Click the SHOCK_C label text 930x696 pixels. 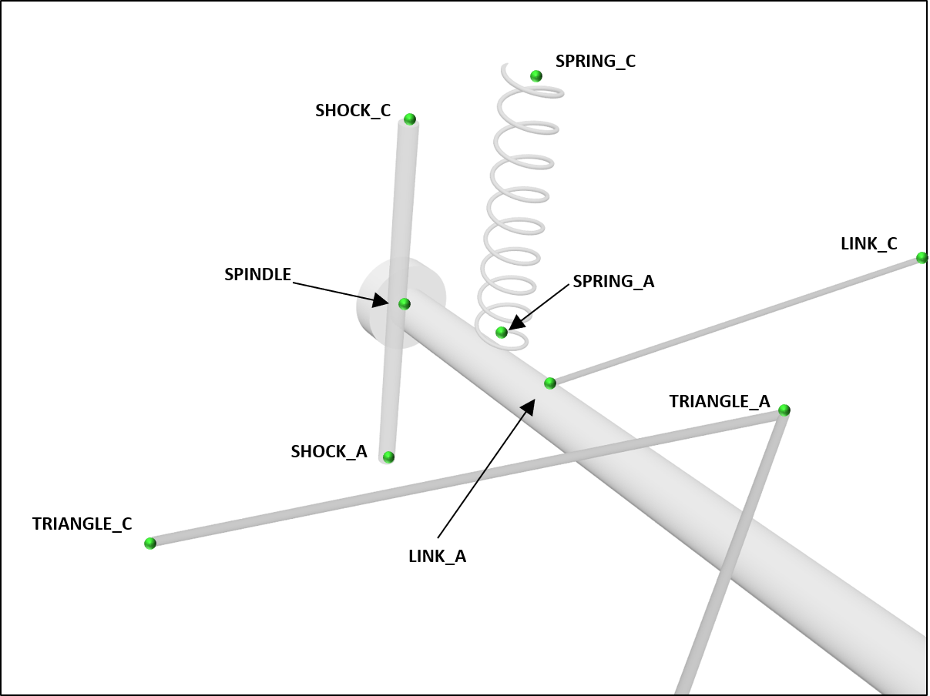tap(353, 111)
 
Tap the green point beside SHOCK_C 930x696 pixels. tap(410, 119)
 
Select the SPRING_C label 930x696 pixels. tap(596, 62)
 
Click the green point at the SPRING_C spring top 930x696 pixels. tap(536, 76)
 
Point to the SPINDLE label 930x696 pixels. tap(257, 275)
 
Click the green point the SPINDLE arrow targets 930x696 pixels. tap(405, 304)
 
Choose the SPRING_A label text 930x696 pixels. tap(613, 282)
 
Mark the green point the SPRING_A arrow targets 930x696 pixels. tap(502, 333)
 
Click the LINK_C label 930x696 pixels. tap(869, 244)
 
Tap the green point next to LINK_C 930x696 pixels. tap(922, 258)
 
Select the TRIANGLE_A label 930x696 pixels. tap(719, 401)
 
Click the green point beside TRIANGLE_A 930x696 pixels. tap(784, 410)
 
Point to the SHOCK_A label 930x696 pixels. tap(329, 452)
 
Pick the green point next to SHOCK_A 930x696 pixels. tap(389, 457)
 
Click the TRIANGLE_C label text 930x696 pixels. tap(82, 524)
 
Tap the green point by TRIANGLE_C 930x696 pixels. tap(150, 544)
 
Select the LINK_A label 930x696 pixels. tap(437, 556)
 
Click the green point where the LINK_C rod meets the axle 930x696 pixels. tap(550, 383)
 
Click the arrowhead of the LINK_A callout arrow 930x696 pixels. tap(531, 403)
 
